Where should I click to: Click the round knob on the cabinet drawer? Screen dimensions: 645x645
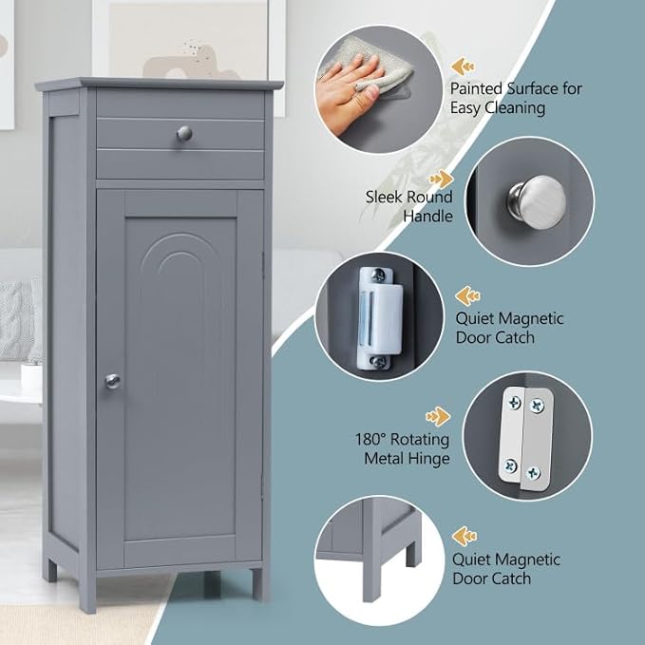[184, 133]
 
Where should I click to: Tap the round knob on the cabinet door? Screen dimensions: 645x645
[112, 382]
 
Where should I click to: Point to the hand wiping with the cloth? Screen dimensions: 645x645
[350, 93]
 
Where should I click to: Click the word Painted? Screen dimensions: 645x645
[476, 88]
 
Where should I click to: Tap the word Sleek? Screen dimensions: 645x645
[384, 197]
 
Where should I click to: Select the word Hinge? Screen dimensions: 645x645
[427, 459]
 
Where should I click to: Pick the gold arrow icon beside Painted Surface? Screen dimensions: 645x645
[464, 66]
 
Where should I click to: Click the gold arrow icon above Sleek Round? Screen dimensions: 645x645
[441, 179]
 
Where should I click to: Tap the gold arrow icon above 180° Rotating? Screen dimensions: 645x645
[438, 416]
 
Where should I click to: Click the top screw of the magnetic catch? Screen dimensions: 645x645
[378, 275]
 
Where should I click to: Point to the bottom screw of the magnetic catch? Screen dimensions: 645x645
[378, 362]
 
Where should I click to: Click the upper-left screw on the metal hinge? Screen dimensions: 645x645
[515, 402]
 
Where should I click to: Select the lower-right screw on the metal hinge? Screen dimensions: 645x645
[534, 473]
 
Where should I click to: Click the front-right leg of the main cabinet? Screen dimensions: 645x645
[257, 584]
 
